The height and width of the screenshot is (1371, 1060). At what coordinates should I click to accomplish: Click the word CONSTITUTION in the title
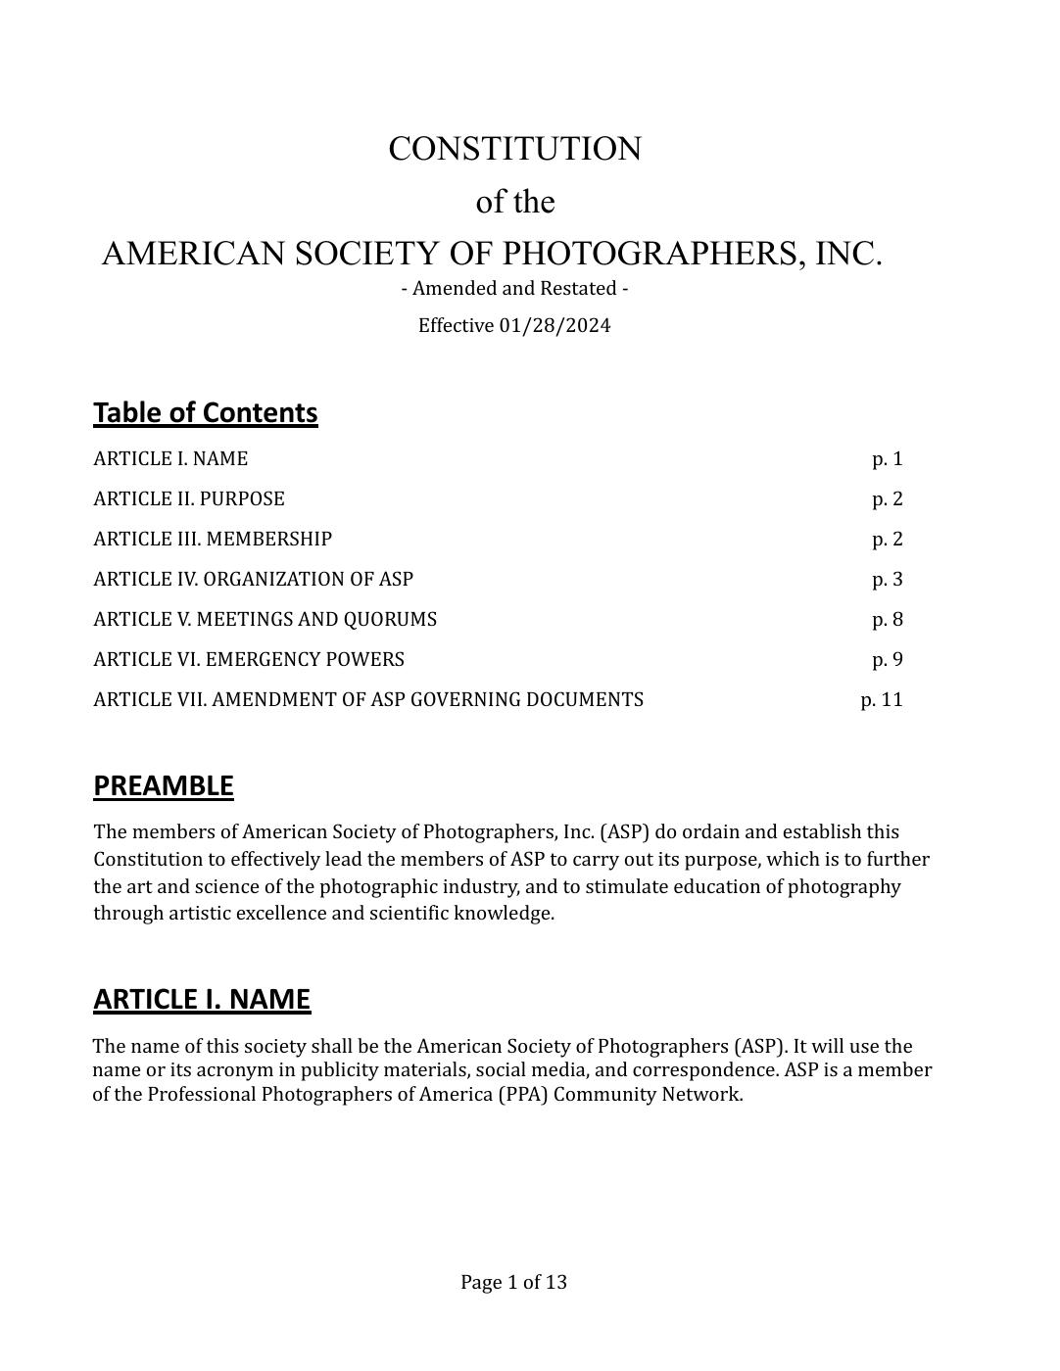click(x=514, y=150)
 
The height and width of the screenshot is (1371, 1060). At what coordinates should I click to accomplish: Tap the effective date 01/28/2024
click(x=554, y=326)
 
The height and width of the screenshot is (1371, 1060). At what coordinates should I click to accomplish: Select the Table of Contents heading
click(x=206, y=413)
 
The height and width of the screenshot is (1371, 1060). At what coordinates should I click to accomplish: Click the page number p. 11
click(x=882, y=700)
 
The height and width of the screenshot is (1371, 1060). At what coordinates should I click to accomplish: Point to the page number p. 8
click(x=888, y=620)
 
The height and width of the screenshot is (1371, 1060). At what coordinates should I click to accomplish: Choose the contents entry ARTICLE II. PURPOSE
click(x=189, y=499)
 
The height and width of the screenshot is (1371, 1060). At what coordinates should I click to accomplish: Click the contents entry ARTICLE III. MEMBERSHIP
click(x=213, y=540)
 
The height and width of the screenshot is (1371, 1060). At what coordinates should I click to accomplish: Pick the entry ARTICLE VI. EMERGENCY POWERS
click(x=249, y=660)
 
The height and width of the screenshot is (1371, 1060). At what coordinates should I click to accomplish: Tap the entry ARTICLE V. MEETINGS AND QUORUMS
click(x=265, y=620)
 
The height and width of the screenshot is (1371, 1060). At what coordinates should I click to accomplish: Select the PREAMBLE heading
click(x=164, y=786)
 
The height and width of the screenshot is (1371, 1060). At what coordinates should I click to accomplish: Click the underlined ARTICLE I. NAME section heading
click(x=202, y=1000)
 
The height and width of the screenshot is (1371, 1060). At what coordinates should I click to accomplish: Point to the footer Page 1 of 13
click(x=514, y=1283)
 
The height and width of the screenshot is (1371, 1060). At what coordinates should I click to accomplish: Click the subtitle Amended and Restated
click(x=514, y=289)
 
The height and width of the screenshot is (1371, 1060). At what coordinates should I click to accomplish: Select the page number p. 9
click(x=888, y=660)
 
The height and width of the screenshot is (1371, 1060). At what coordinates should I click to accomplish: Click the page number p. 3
click(x=888, y=580)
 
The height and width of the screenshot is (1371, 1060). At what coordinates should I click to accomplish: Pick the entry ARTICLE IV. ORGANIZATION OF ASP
click(x=254, y=580)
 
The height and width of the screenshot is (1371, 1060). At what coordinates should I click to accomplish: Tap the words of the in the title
click(x=515, y=203)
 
